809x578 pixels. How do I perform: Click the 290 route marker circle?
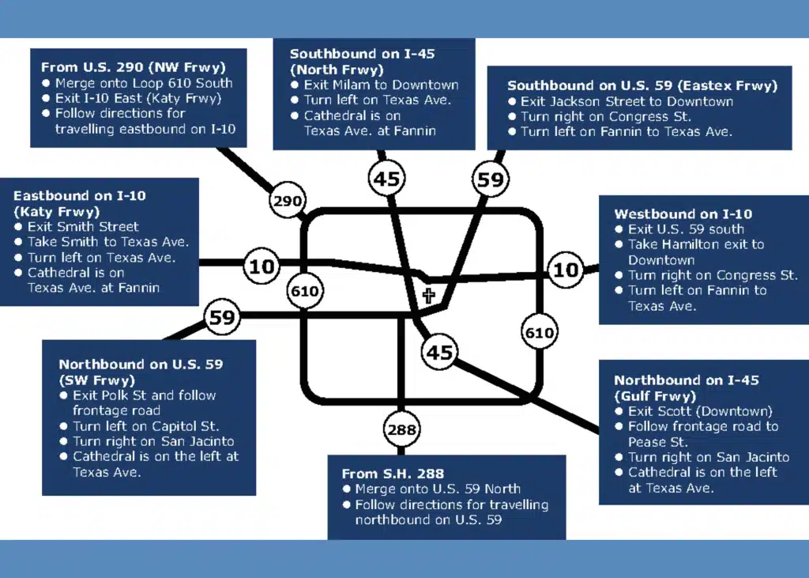point(287,201)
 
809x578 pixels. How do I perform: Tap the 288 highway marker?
point(401,430)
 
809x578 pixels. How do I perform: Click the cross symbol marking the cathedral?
point(428,297)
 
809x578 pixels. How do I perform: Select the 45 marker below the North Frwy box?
point(386,179)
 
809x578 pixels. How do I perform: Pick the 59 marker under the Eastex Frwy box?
point(490,179)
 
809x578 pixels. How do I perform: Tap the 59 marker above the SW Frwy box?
point(222,318)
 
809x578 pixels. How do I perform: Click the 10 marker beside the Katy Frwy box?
point(262,266)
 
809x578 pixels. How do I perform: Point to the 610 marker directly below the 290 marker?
point(305,291)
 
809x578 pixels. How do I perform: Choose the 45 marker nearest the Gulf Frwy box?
point(439,351)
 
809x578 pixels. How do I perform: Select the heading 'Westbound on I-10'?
point(683,213)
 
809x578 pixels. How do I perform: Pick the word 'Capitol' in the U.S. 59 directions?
point(175,426)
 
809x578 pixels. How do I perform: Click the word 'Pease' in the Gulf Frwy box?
point(648,442)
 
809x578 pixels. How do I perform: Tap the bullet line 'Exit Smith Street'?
point(83,227)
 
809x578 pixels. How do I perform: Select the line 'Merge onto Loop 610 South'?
point(144,83)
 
